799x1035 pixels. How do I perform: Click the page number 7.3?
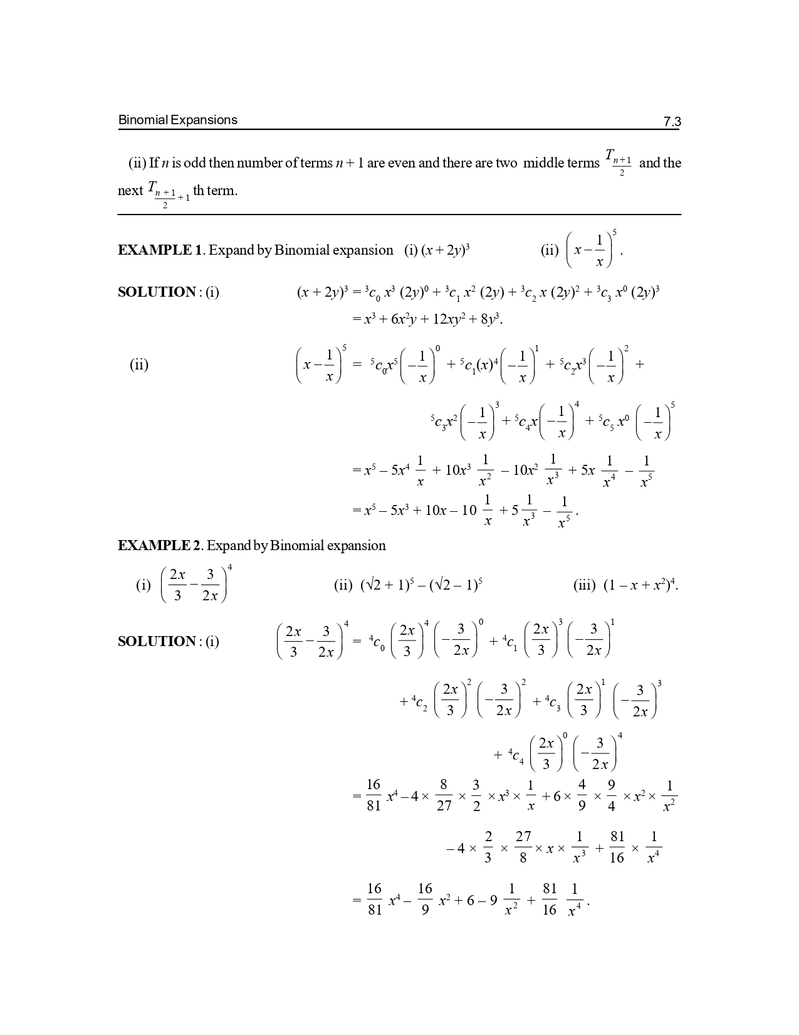[672, 122]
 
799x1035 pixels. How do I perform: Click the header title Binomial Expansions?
[178, 120]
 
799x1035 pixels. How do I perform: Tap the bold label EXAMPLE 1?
[160, 250]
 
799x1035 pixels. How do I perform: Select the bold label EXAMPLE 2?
[159, 546]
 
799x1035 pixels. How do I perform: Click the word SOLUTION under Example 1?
[157, 292]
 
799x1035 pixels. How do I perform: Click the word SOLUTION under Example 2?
[157, 642]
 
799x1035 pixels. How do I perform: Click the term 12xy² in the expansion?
[447, 319]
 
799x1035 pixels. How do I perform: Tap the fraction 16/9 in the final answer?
[425, 899]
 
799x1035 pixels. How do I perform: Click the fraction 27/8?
[523, 847]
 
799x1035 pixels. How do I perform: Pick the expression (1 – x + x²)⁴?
[640, 585]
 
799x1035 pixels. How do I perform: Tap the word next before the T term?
[130, 191]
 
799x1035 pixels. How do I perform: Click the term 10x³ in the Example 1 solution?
[452, 470]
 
